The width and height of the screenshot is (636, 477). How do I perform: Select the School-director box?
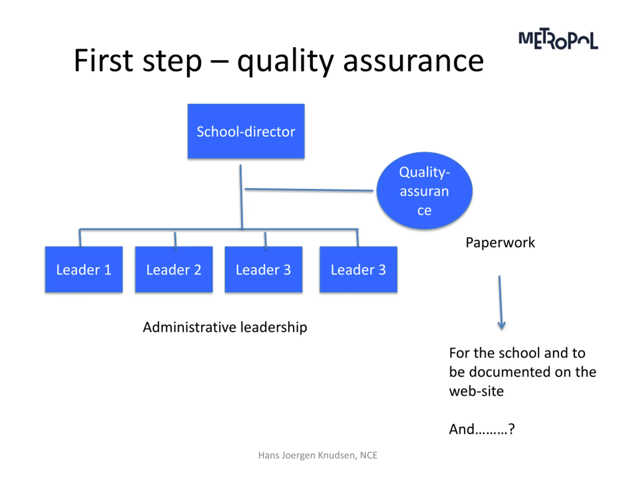tap(246, 131)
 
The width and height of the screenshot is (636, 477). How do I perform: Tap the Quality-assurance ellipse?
tap(424, 191)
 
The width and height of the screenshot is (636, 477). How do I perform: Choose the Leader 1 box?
tap(84, 269)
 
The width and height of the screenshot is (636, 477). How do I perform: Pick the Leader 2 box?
tap(174, 269)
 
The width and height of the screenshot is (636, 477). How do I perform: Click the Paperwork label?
tap(500, 242)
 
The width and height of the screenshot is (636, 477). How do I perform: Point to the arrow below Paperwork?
tap(501, 302)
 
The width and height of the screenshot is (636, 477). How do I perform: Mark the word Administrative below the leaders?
tap(190, 327)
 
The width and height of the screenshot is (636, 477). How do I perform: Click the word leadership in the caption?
tap(274, 327)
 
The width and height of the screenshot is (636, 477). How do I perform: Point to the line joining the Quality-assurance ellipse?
tap(309, 190)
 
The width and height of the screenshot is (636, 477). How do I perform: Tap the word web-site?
tap(476, 391)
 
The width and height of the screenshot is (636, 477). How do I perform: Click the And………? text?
tap(482, 429)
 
